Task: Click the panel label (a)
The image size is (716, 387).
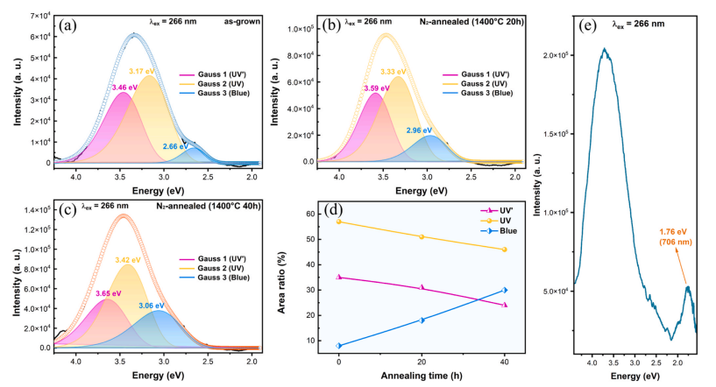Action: pos(67,25)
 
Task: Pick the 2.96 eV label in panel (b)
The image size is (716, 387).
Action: pos(420,130)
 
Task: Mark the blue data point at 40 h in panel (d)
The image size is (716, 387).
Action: pos(505,290)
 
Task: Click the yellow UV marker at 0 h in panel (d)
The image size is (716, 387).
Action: pos(338,222)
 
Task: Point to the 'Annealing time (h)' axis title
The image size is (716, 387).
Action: pos(422,376)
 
